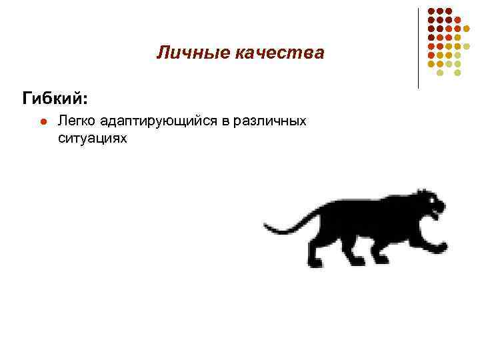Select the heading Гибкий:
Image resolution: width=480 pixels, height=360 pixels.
54,99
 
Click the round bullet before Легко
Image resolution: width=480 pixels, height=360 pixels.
42,122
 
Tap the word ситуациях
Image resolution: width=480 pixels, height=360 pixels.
92,138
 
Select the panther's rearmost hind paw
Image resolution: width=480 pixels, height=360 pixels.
314,261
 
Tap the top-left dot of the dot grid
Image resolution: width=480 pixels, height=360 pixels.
431,11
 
